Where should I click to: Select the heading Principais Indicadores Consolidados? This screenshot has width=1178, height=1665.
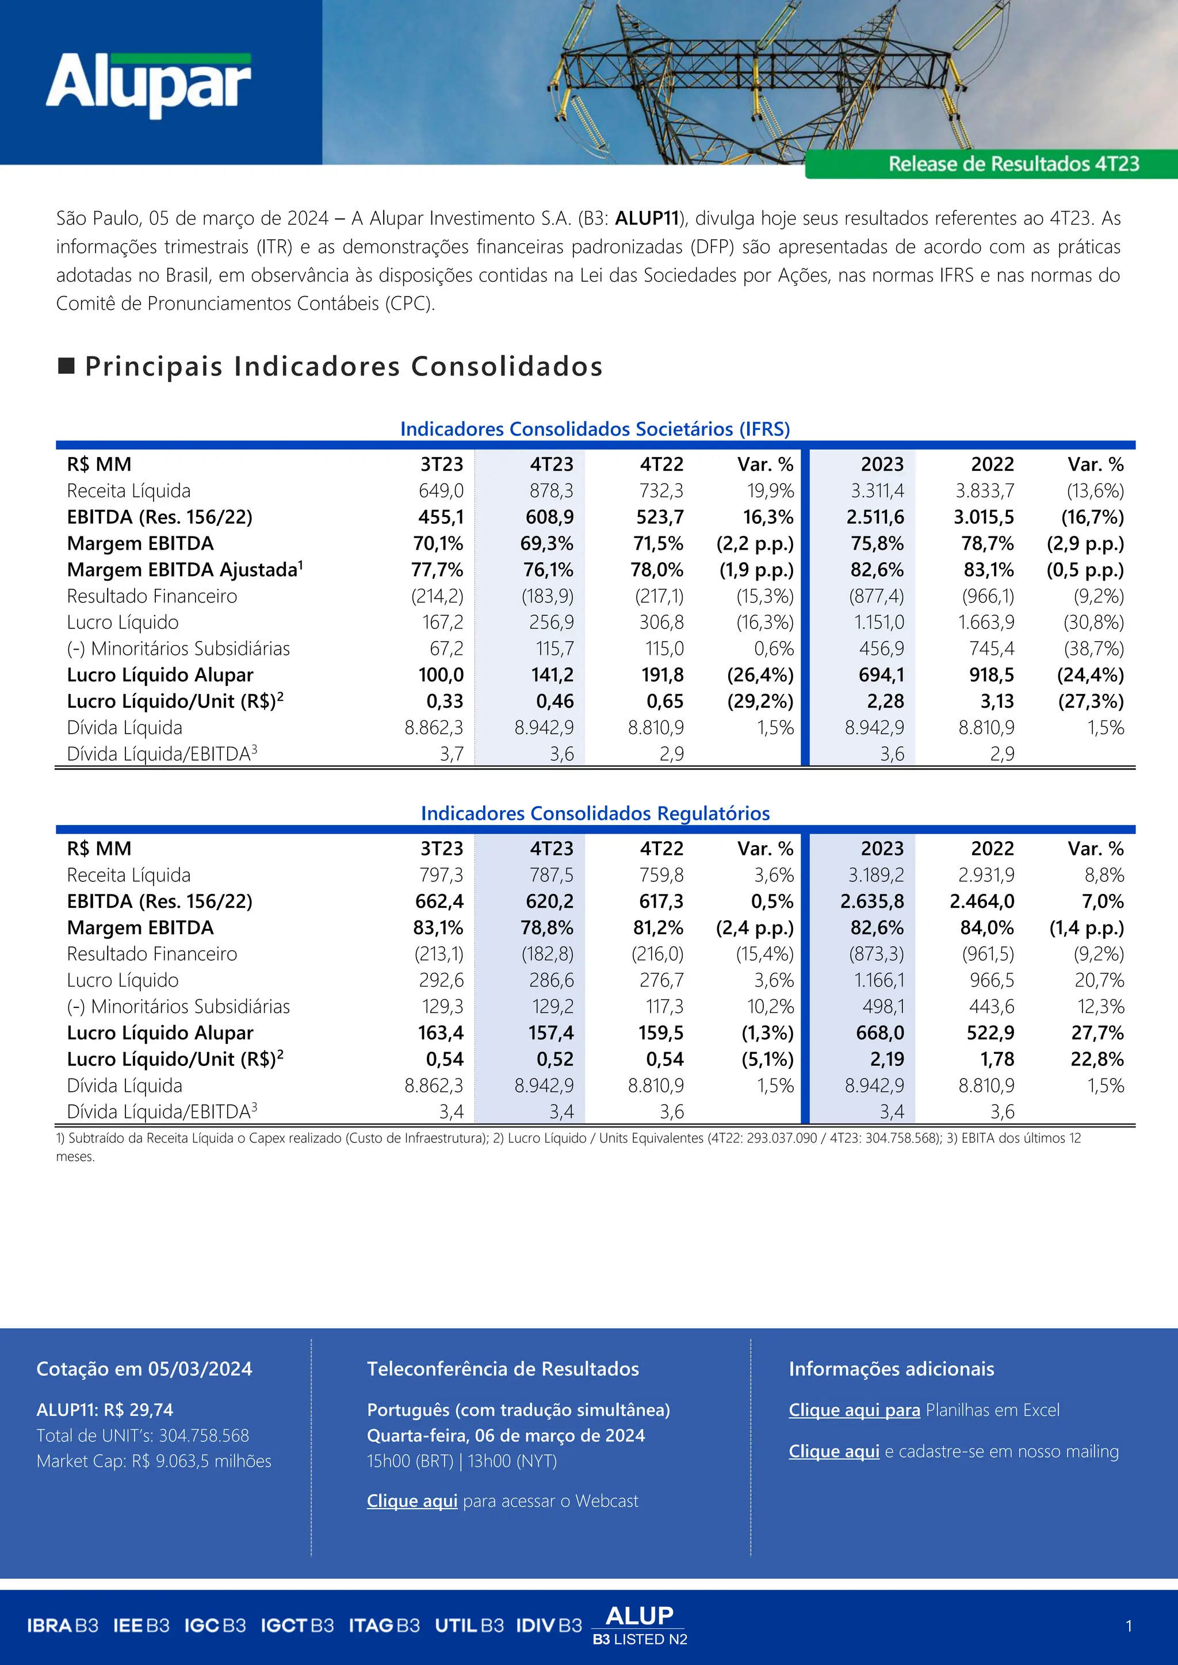[x=343, y=366]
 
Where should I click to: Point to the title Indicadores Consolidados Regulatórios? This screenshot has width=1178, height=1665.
[x=595, y=813]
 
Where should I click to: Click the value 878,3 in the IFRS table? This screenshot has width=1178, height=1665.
[x=551, y=491]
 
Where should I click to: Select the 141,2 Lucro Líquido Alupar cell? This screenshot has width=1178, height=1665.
[x=552, y=675]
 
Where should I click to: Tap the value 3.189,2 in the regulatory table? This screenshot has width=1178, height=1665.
[x=877, y=875]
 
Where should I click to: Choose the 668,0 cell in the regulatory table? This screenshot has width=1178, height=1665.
[x=880, y=1033]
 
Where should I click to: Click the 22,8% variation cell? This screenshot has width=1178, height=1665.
[x=1097, y=1059]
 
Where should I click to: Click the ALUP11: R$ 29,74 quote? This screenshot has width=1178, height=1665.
[x=105, y=1410]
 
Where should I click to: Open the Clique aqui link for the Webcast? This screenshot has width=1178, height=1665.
[x=412, y=1501]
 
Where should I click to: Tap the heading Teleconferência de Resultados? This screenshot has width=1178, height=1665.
[x=503, y=1368]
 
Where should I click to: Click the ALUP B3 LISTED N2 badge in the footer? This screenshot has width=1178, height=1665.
[x=639, y=1626]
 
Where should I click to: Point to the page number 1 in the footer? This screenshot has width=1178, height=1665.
[x=1128, y=1626]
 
